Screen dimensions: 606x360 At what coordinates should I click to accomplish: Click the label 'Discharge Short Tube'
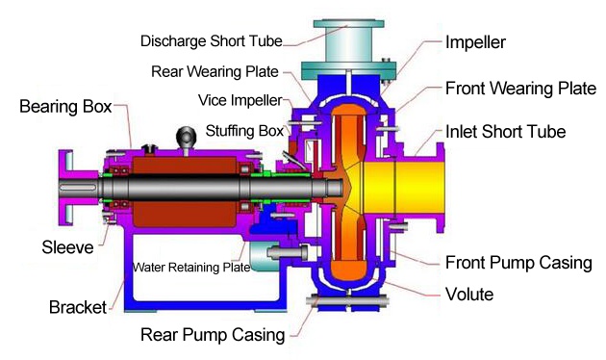tap(211, 41)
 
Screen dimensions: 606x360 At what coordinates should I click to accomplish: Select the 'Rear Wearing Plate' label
tap(215, 71)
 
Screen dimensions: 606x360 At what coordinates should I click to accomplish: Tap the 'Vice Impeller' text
tap(240, 100)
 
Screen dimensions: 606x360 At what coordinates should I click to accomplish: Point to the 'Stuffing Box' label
tap(244, 131)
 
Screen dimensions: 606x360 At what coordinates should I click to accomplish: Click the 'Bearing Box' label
tap(65, 106)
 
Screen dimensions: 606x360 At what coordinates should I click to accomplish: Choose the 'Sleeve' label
tap(67, 247)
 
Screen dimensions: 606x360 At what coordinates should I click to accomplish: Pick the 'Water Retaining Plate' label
tap(190, 268)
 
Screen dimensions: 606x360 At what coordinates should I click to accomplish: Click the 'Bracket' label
tap(78, 307)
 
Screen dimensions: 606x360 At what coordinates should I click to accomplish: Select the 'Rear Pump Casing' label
tap(213, 335)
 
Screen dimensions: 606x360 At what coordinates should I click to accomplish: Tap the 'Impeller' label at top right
tap(475, 42)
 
